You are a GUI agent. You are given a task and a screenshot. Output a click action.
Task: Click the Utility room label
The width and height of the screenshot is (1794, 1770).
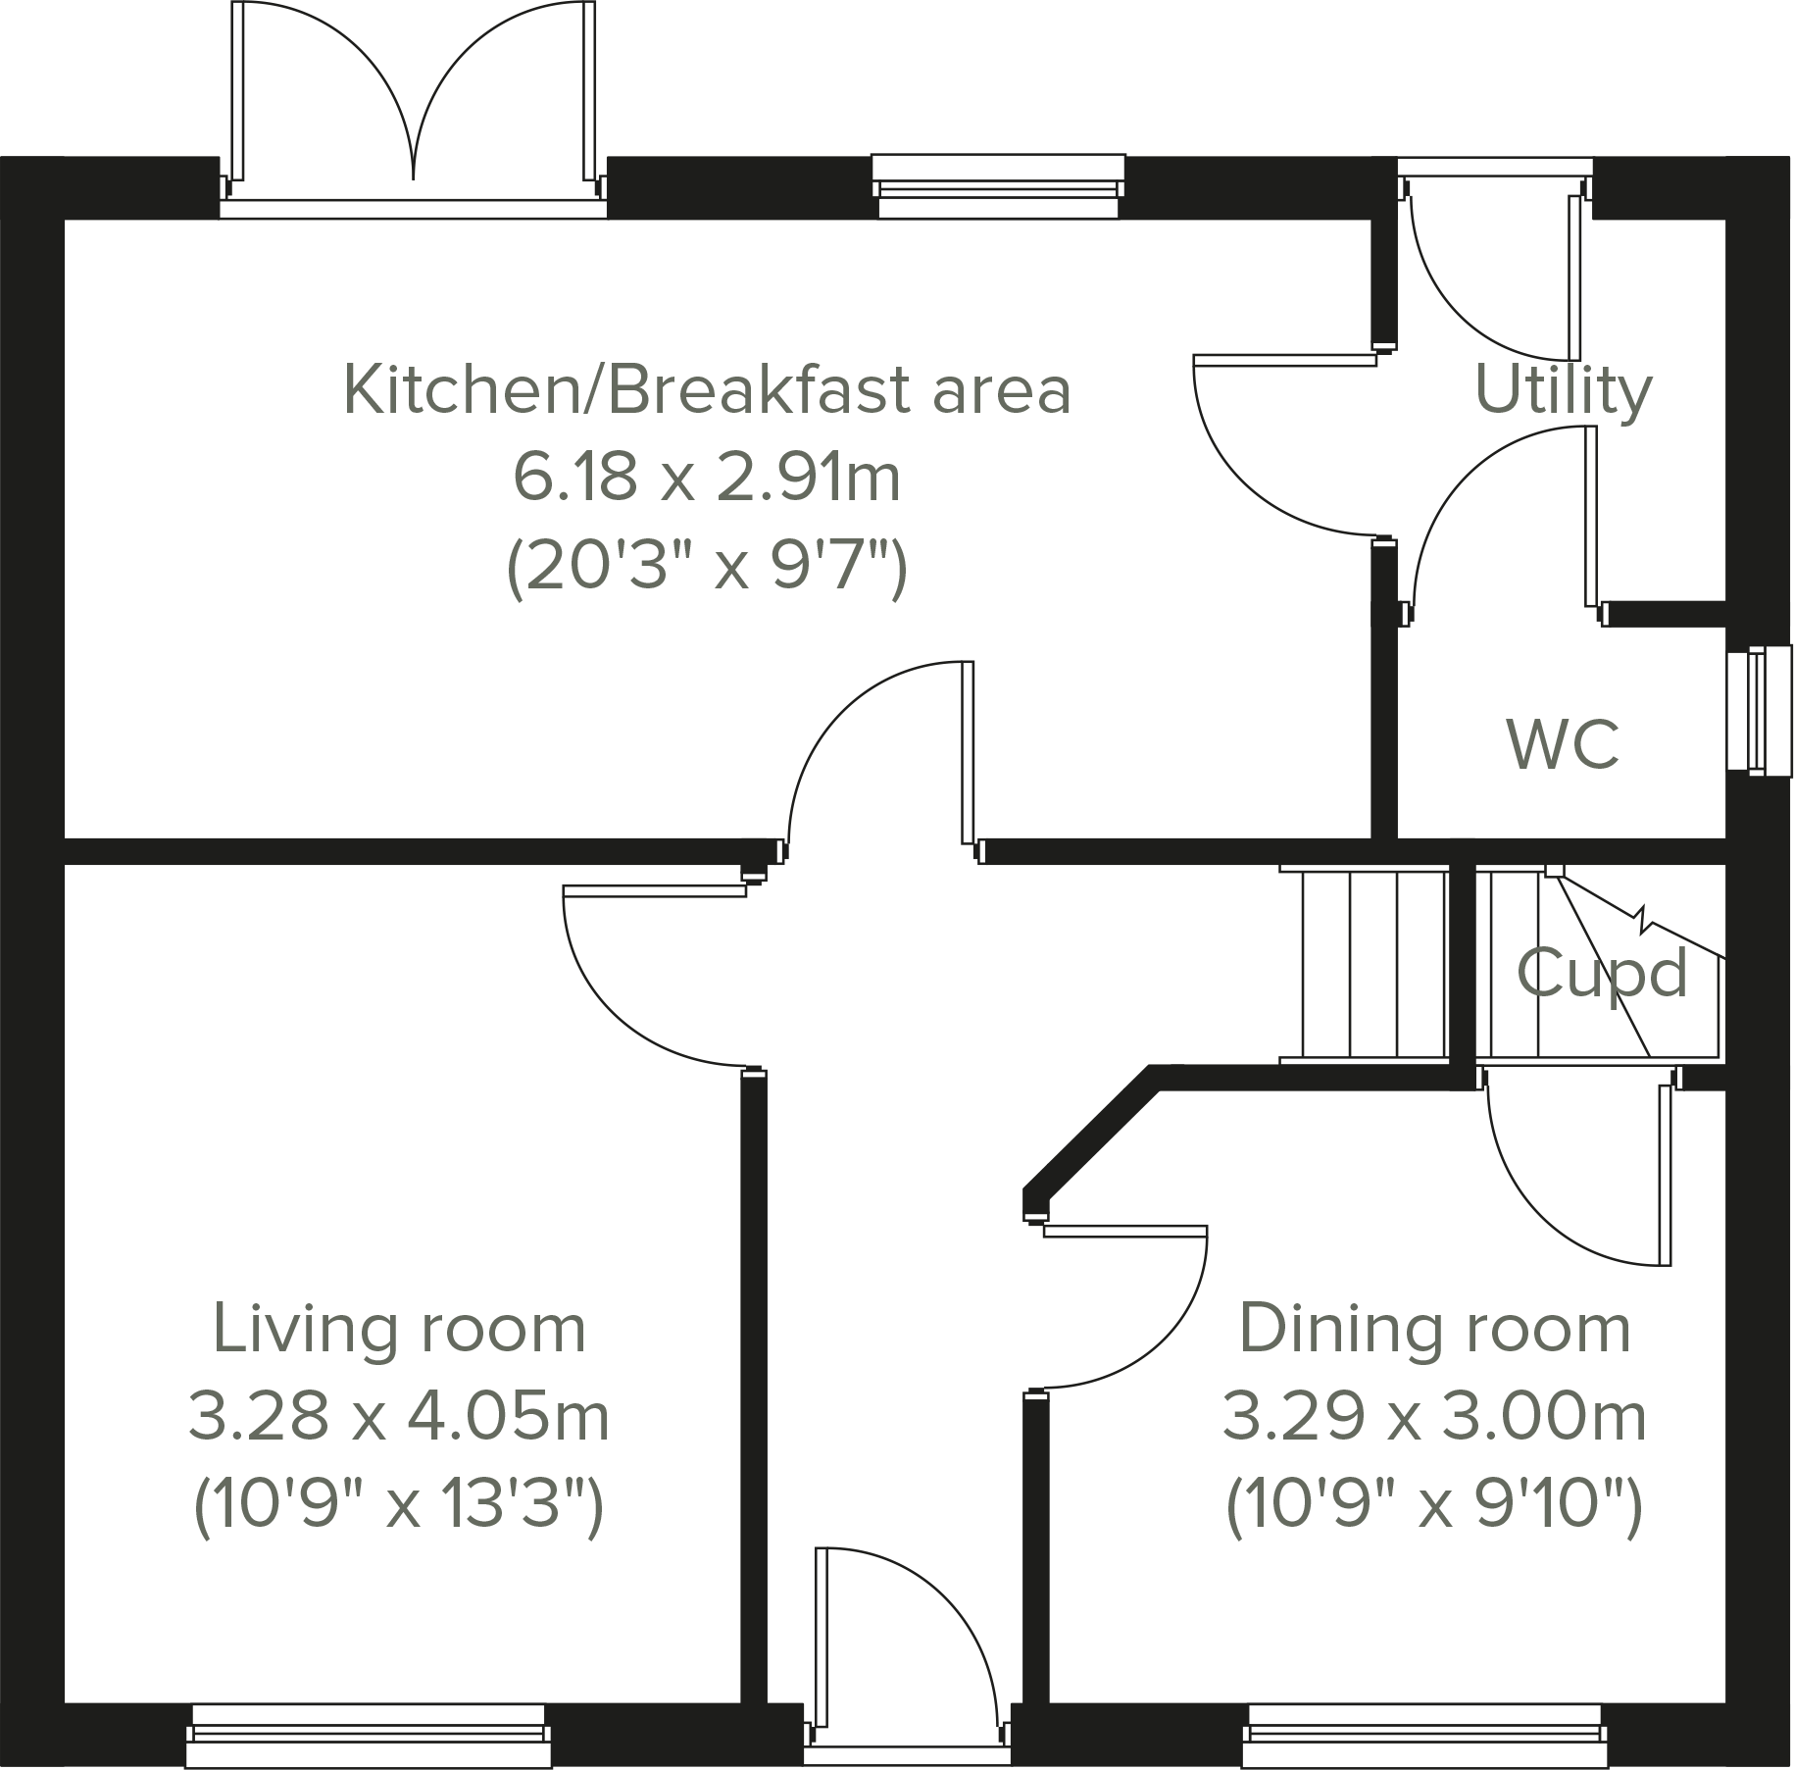click(x=1563, y=391)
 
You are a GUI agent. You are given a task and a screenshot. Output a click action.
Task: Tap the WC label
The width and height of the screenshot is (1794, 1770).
click(x=1563, y=744)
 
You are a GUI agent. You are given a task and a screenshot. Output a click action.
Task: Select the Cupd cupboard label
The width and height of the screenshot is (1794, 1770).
click(x=1602, y=973)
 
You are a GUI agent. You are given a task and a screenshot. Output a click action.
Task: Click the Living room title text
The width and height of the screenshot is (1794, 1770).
click(x=399, y=1329)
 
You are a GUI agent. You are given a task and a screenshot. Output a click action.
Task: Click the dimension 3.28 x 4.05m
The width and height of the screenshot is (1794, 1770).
click(x=399, y=1417)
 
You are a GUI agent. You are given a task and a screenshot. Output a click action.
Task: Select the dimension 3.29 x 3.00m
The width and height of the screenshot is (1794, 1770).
click(x=1433, y=1417)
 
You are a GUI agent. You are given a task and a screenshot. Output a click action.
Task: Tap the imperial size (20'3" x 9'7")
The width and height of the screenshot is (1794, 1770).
click(x=706, y=567)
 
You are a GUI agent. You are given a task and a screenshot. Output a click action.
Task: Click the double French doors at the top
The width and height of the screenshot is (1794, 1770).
click(x=414, y=108)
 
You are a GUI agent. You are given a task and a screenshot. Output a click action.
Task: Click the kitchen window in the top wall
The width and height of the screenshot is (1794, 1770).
click(x=998, y=186)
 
